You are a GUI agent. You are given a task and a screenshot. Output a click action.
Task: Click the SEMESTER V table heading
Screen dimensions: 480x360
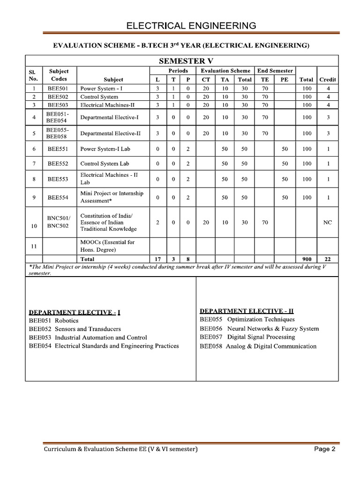pyautogui.click(x=182, y=61)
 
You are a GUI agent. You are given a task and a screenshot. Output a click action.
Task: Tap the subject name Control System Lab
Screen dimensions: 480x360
pyautogui.click(x=105, y=164)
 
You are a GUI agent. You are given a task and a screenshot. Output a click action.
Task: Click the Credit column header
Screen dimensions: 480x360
pyautogui.click(x=328, y=79)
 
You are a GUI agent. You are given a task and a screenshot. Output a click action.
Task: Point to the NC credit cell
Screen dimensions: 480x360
pyautogui.click(x=328, y=223)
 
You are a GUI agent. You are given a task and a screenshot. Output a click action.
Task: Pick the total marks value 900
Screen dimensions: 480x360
pyautogui.click(x=307, y=259)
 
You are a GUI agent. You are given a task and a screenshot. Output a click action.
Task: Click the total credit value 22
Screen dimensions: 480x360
pyautogui.click(x=328, y=259)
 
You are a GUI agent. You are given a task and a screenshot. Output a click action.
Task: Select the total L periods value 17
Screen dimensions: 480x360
pyautogui.click(x=157, y=259)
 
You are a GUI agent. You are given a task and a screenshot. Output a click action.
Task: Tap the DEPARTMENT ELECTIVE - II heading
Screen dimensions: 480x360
pyautogui.click(x=247, y=311)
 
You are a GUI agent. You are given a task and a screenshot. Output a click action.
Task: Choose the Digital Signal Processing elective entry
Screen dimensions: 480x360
pyautogui.click(x=247, y=337)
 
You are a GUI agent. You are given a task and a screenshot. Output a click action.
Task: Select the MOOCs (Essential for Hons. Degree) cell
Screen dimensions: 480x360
pyautogui.click(x=107, y=246)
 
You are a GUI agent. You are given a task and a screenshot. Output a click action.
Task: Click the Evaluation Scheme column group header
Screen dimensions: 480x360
pyautogui.click(x=225, y=71)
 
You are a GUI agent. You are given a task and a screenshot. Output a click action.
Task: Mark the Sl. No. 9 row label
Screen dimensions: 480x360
pyautogui.click(x=34, y=197)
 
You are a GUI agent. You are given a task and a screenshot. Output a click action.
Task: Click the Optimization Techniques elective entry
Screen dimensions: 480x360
pyautogui.click(x=247, y=320)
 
